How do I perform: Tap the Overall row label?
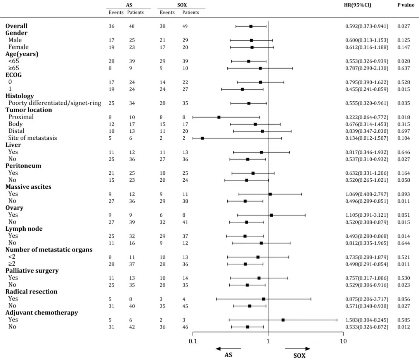coord(16,26)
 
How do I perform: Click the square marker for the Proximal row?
coord(219,117)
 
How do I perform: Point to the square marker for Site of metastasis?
coord(202,138)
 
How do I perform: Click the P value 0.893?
coord(403,194)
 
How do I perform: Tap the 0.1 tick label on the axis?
coord(193,342)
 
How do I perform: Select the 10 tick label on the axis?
coord(343,342)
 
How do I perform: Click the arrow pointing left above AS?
coord(229,349)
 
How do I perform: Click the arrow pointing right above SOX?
coord(298,349)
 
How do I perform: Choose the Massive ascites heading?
coord(28,187)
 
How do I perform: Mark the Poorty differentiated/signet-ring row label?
coord(55,103)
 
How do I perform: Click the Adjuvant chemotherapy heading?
coord(42,313)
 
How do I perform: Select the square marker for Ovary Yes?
coord(271,215)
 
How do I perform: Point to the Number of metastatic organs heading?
coord(49,250)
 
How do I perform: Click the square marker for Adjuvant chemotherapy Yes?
coord(283,320)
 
